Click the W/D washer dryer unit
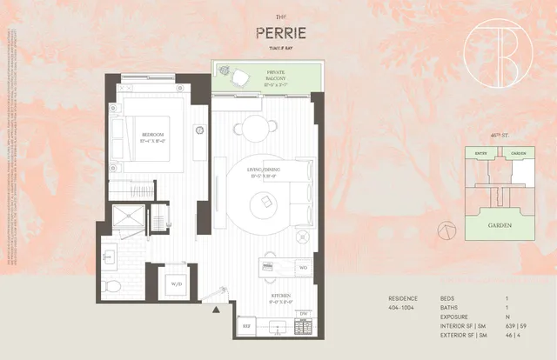[x=177, y=283]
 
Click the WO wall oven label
[x=304, y=268]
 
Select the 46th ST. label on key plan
[x=499, y=136]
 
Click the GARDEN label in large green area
[x=499, y=226]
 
